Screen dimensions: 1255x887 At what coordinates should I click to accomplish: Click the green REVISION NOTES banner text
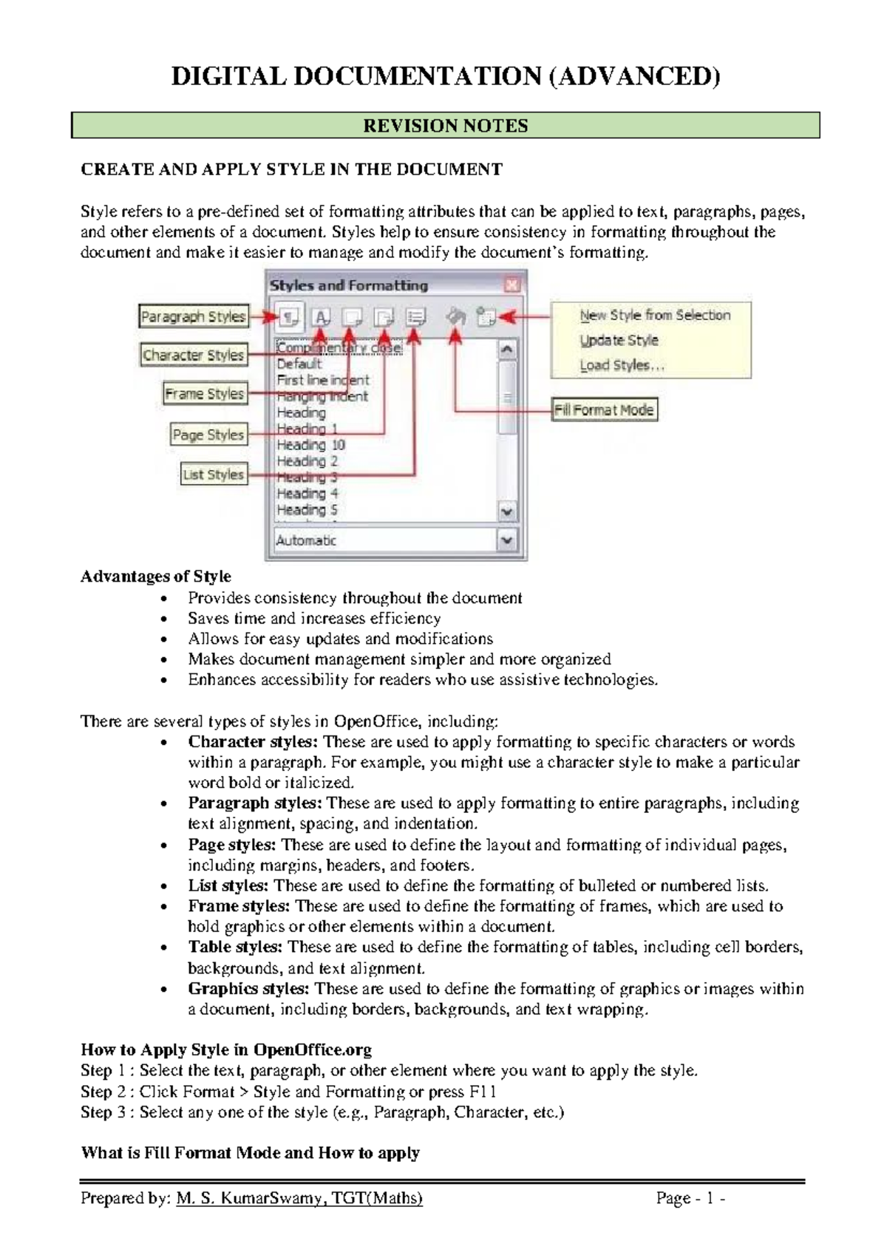445,126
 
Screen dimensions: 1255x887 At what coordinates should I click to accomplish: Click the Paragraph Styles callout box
193,316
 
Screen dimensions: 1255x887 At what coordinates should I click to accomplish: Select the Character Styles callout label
193,355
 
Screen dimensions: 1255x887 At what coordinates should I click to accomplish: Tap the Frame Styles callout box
204,393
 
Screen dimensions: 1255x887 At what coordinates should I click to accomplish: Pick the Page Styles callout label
208,435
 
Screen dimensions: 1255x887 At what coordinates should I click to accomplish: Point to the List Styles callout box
213,475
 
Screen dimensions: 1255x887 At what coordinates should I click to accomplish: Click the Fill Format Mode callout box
604,409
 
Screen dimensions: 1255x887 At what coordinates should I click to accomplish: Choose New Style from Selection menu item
654,316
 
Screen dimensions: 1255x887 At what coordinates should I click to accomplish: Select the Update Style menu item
619,341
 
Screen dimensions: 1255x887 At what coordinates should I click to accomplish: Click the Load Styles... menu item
622,365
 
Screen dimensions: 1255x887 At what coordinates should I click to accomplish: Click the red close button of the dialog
512,285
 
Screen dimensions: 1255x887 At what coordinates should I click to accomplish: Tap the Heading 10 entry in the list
310,445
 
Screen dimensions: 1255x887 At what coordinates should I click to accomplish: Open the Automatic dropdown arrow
507,540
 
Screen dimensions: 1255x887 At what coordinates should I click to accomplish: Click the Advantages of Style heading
156,577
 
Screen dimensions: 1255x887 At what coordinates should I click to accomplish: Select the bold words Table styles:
235,947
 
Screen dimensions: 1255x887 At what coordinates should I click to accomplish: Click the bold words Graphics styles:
248,988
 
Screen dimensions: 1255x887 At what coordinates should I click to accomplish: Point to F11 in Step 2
483,1092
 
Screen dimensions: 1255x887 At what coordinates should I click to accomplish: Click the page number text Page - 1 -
690,1198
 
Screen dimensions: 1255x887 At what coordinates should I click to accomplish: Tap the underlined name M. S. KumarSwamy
249,1198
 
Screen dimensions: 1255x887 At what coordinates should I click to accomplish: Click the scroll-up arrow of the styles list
507,349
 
